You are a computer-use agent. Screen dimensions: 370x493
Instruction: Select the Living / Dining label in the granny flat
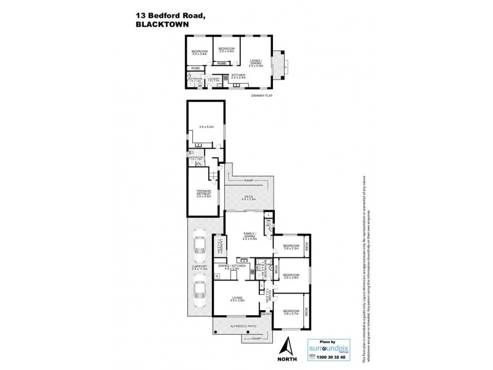point(256,62)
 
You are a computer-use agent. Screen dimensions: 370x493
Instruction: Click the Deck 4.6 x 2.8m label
point(248,199)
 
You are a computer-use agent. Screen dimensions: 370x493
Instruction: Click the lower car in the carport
point(199,294)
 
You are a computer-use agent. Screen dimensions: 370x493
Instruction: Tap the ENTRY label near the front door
point(266,314)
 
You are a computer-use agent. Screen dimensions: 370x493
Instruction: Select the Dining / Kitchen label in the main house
point(235,268)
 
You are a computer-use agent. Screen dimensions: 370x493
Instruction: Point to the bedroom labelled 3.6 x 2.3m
point(290,248)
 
